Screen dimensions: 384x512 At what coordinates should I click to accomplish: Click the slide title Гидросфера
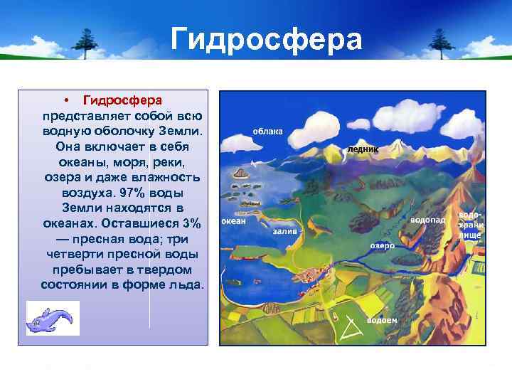pos(266,40)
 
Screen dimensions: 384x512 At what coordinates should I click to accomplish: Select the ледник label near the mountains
pos(363,150)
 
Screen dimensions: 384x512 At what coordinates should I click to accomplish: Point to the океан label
pos(233,221)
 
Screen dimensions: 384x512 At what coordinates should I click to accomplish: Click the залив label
pos(284,232)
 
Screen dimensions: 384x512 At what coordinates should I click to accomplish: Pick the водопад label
pos(428,220)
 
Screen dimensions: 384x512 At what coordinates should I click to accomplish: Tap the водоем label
pos(382,321)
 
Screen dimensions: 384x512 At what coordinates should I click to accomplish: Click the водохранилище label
pos(470,224)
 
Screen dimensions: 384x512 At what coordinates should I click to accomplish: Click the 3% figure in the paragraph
pos(191,223)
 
